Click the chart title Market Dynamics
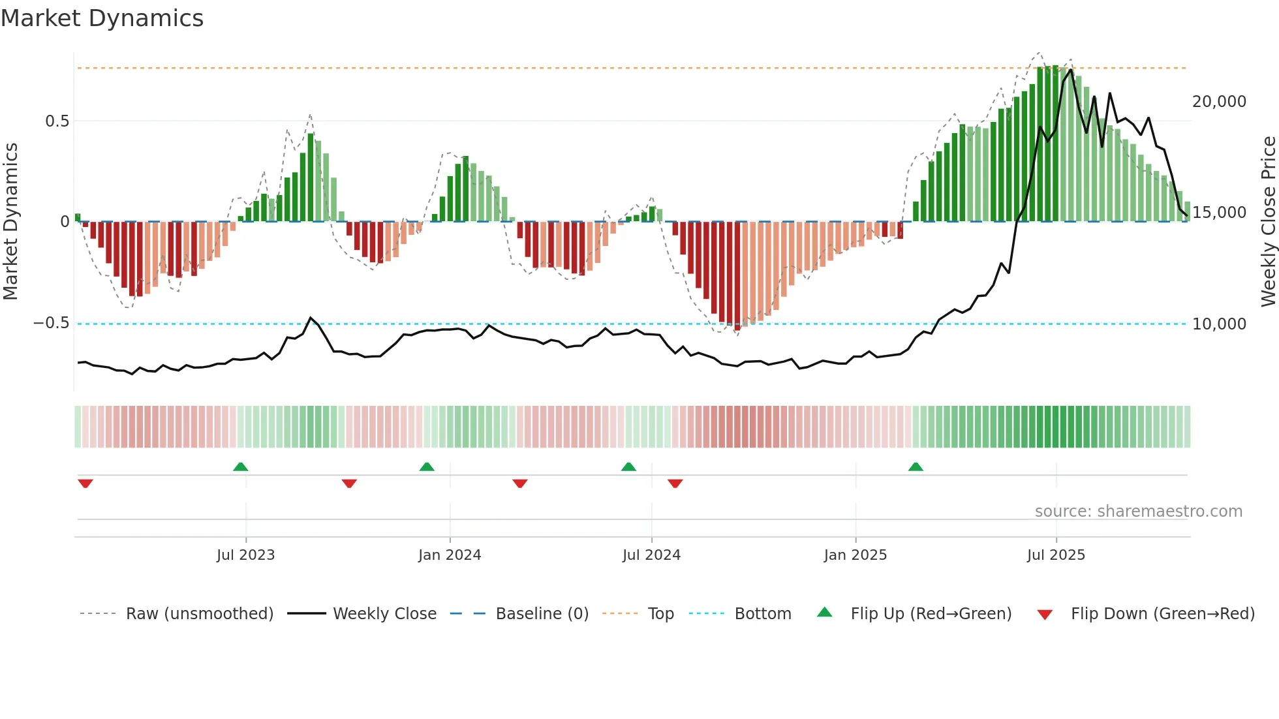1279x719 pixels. click(x=102, y=18)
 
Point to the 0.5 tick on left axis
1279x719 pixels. click(x=57, y=121)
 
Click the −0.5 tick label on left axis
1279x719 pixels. click(x=51, y=324)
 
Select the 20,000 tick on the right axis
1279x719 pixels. click(x=1219, y=102)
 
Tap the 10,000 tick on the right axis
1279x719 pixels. click(x=1219, y=324)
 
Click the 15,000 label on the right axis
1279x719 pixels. click(x=1219, y=213)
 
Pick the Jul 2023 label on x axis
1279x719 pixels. click(x=245, y=555)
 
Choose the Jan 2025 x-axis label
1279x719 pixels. click(x=855, y=555)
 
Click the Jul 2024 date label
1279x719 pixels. click(x=651, y=555)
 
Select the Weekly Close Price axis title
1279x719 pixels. click(x=1268, y=221)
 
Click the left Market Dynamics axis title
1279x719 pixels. click(x=10, y=221)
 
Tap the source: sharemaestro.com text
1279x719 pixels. click(x=1138, y=512)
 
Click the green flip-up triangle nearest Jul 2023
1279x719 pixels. click(x=240, y=467)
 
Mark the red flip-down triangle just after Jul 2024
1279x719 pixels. click(x=675, y=483)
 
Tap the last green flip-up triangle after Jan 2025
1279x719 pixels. click(x=916, y=467)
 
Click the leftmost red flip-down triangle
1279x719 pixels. click(x=85, y=483)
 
